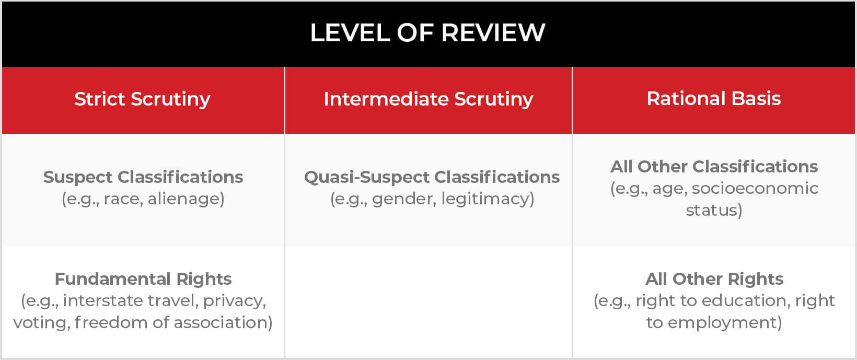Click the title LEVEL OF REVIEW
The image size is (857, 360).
pos(427,32)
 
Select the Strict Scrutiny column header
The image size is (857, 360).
pos(142,99)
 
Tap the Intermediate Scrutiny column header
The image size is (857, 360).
pos(428,99)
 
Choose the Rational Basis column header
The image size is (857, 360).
pos(713,98)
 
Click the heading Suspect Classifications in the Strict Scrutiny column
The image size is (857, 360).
pos(143,177)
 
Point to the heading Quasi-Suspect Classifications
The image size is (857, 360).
pos(432,177)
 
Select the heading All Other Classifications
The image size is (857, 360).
pos(714,167)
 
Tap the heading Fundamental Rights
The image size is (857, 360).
pos(143,280)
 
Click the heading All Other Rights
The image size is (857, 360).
pos(714,280)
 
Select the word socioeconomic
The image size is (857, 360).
pos(755,189)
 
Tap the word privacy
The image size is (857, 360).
pos(234,301)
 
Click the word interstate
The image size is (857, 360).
pos(103,301)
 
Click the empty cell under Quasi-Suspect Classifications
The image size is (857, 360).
pos(428,302)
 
